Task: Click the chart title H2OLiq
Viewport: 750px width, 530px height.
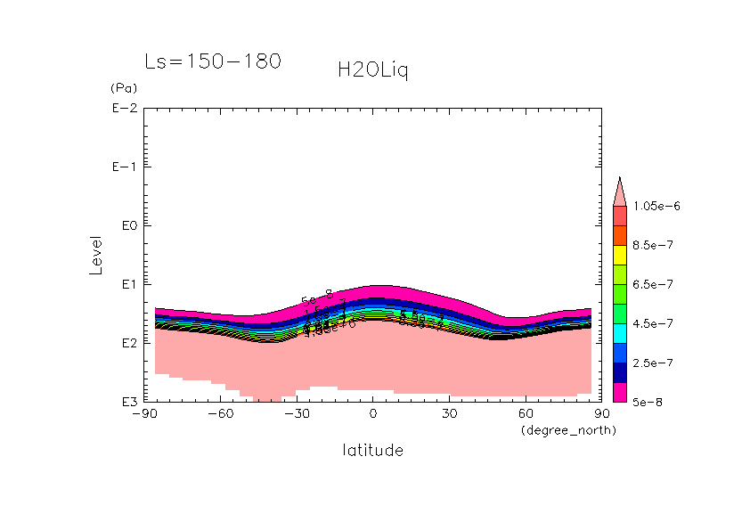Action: pos(372,69)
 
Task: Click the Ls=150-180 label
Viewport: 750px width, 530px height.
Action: pos(213,61)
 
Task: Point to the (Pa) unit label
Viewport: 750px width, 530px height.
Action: pos(123,88)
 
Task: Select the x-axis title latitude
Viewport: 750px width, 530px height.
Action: pos(372,450)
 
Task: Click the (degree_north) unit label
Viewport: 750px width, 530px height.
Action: pos(568,430)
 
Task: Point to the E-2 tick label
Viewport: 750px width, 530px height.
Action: pos(123,109)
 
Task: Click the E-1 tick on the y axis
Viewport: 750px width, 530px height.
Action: pos(123,167)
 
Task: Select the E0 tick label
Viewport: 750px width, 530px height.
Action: pos(126,225)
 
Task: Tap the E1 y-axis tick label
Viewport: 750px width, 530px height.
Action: pos(126,284)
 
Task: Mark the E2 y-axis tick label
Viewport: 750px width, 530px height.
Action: pos(126,343)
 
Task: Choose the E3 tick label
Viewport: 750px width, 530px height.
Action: pos(126,402)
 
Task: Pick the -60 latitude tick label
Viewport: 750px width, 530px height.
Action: pos(219,413)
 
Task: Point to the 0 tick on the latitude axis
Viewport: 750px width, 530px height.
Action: pos(372,413)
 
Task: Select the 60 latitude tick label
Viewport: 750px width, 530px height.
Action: pos(526,413)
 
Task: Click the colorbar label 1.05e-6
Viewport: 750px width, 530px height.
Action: pos(656,206)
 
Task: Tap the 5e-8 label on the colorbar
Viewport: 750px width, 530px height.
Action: pos(649,402)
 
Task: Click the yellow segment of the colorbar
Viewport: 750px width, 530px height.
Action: pos(620,255)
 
